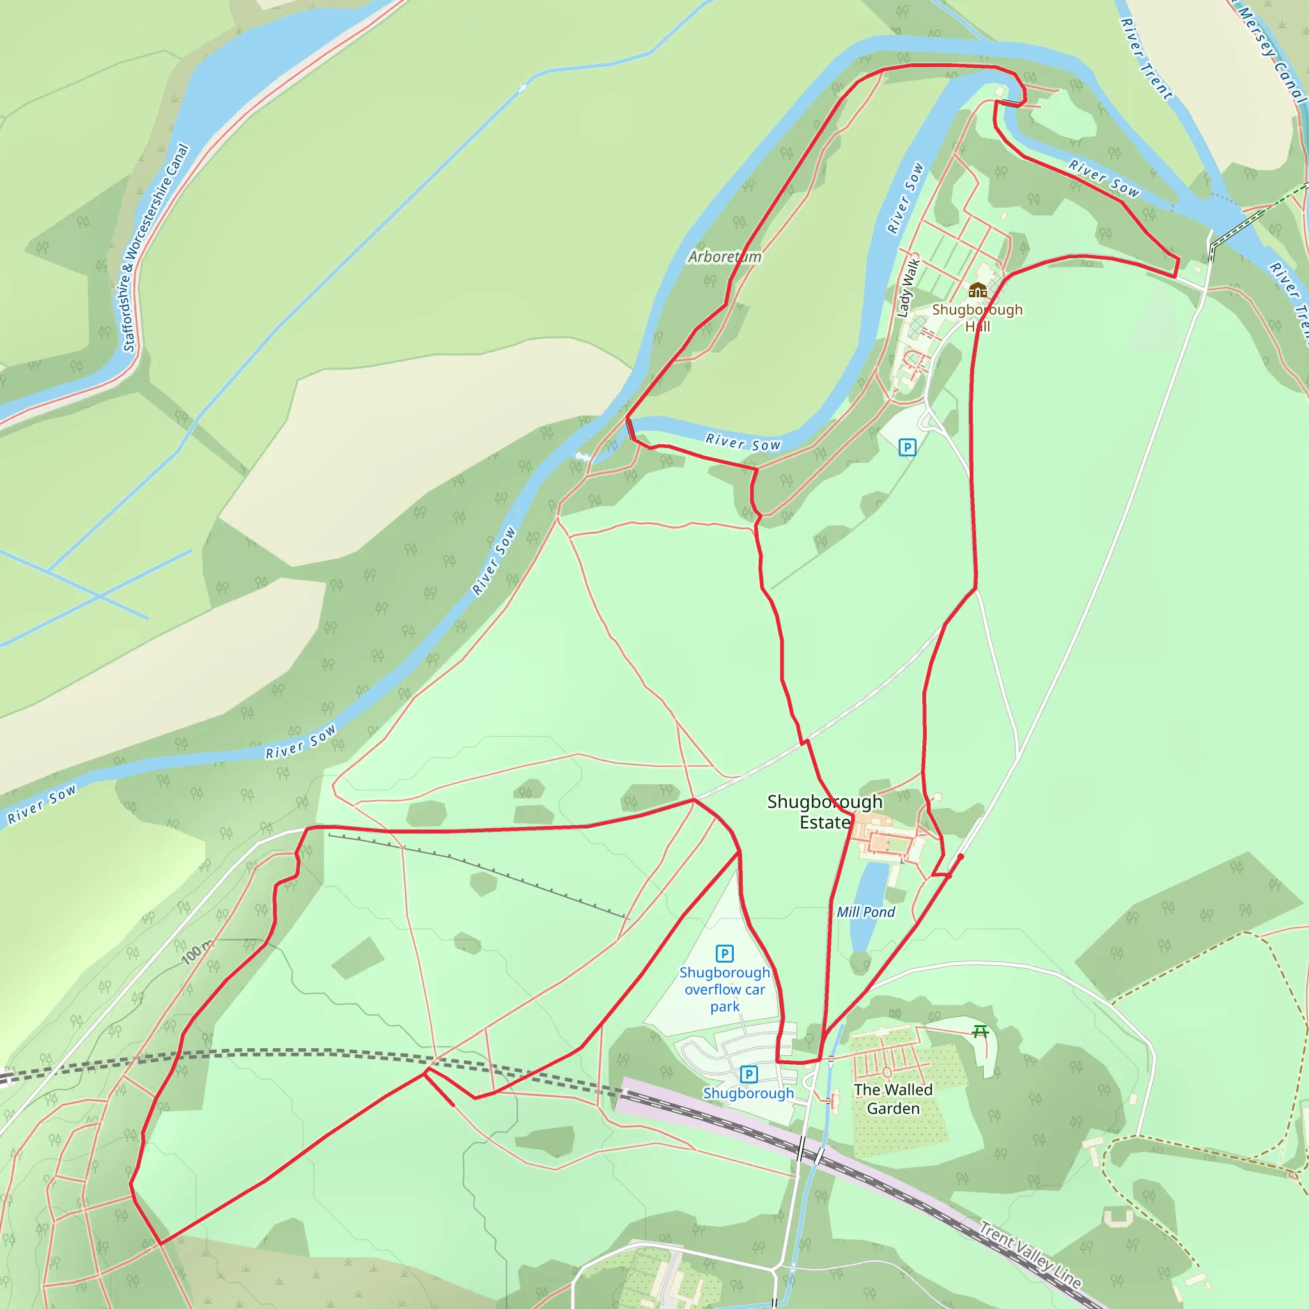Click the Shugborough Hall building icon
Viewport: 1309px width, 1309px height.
point(977,291)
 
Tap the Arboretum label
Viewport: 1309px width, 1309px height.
point(724,257)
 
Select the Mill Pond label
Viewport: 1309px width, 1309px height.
point(865,912)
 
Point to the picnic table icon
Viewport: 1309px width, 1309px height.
point(980,1032)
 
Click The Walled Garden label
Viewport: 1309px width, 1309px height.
point(893,1099)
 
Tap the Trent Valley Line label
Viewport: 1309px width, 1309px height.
point(1030,1254)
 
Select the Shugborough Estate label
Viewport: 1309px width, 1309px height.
point(825,812)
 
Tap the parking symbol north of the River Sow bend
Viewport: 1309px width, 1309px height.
point(907,447)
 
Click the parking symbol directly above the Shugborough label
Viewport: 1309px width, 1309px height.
point(748,1074)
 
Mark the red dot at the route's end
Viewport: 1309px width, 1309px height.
point(960,857)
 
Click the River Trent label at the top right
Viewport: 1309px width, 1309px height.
point(1147,59)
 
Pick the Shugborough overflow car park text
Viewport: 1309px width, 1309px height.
point(724,989)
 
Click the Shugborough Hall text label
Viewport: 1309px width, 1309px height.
point(977,318)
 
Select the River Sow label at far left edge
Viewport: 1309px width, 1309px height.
point(42,804)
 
